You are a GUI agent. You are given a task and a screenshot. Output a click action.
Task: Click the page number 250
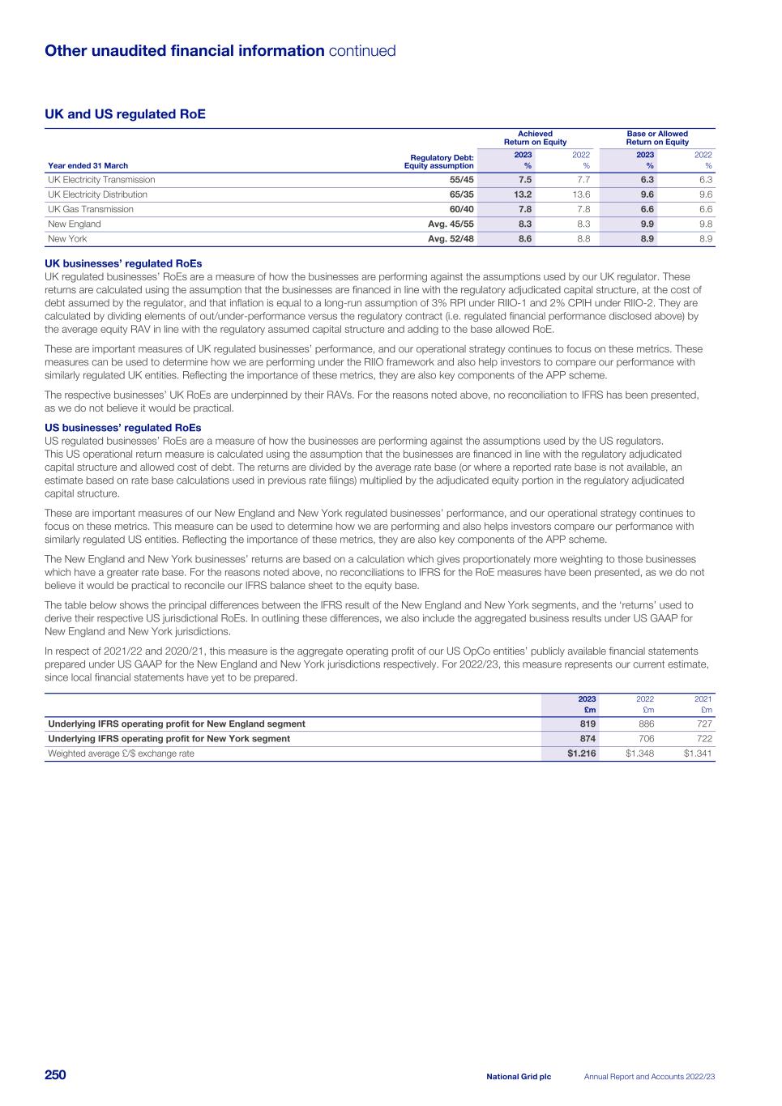click(x=55, y=1075)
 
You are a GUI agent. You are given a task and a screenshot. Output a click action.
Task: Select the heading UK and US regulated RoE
click(x=125, y=114)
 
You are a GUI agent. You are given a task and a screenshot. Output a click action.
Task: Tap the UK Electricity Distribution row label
click(x=97, y=194)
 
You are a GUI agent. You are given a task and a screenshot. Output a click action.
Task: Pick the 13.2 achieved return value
click(x=523, y=194)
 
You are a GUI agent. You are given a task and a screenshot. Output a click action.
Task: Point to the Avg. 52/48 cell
click(x=451, y=239)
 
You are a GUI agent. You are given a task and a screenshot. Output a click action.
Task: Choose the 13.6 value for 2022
click(x=581, y=194)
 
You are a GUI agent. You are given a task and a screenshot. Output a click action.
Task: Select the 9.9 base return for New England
click(x=647, y=224)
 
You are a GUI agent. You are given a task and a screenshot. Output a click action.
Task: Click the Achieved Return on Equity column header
click(x=535, y=138)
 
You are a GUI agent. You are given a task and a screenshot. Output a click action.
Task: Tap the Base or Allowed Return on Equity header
click(x=657, y=138)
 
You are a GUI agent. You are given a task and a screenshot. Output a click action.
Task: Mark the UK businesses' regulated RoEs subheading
click(x=123, y=263)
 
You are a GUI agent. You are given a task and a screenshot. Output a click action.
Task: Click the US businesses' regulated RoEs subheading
click(x=122, y=428)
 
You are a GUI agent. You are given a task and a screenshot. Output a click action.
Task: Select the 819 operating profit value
click(x=588, y=724)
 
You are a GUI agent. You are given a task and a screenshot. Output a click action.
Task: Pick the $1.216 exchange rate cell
click(x=582, y=754)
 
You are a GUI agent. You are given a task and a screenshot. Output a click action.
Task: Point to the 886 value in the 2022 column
click(x=645, y=724)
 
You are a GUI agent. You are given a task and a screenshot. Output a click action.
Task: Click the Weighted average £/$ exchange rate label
click(x=121, y=754)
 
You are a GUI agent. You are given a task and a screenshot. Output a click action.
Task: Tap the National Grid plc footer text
click(x=519, y=1077)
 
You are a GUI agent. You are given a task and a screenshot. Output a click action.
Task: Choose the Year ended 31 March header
click(x=88, y=165)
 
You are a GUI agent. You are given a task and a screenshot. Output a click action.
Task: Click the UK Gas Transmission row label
click(x=91, y=209)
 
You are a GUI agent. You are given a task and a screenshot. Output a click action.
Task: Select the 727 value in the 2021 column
click(x=703, y=724)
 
